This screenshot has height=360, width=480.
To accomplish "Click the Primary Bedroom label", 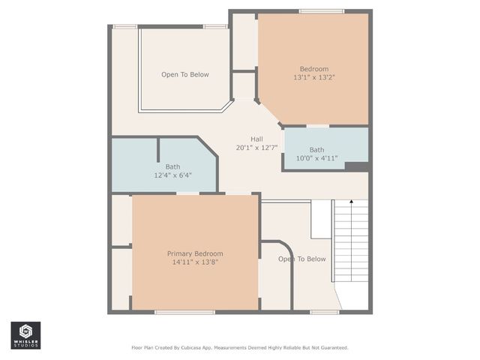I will (194, 253).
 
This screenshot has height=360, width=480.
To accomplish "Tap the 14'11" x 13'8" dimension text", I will (194, 262).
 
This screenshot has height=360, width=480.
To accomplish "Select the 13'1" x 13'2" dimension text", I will (313, 77).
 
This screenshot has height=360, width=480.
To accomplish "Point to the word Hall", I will (256, 139).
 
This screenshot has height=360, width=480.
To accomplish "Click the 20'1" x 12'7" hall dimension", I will (256, 147).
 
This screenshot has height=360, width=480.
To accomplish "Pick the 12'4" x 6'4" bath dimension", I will (172, 175).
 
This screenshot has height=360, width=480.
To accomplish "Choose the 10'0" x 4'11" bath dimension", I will (316, 158).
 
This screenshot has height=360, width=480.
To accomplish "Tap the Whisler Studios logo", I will (25, 335).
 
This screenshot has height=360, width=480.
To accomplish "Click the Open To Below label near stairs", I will (302, 259).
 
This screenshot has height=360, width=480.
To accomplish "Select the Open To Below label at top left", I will (184, 74).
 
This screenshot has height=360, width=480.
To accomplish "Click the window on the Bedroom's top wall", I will (321, 11).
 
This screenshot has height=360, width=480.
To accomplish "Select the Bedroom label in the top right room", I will (313, 69).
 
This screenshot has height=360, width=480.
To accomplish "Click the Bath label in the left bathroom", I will (172, 166).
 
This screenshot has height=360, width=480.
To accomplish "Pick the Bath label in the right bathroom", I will (316, 150).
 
